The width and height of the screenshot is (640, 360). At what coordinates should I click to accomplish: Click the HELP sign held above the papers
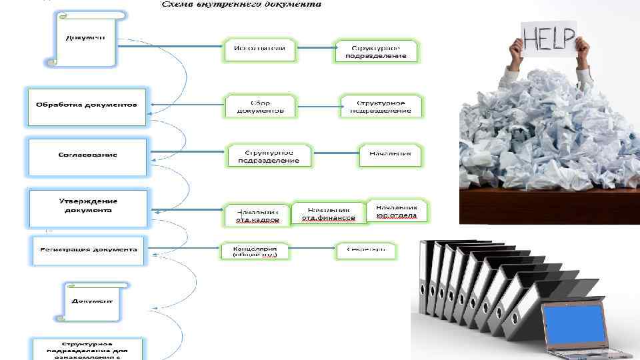coord(549,39)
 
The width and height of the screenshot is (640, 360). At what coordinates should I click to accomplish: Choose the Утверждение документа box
coord(87,206)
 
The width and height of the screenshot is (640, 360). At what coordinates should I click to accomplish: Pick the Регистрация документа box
coord(87,250)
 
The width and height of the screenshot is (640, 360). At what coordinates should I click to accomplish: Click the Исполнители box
coord(259,49)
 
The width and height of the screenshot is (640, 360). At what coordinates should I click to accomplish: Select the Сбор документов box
coord(259,106)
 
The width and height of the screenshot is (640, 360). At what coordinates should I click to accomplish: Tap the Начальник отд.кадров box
coord(257,215)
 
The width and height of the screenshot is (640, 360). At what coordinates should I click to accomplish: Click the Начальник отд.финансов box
coord(328,213)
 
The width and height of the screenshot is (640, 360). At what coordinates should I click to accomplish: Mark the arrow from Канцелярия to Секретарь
coord(311,251)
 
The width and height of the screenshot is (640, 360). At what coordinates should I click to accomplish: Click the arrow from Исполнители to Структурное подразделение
coord(315,47)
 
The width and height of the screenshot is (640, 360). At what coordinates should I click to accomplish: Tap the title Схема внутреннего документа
coord(241,4)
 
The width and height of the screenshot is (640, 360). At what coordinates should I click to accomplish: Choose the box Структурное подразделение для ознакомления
coord(87,349)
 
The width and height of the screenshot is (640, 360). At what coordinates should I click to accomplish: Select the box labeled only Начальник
coord(391,154)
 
